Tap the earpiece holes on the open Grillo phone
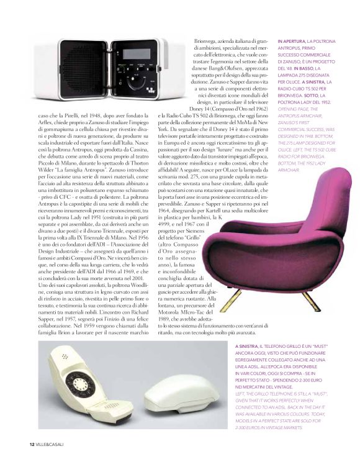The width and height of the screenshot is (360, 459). (66, 358)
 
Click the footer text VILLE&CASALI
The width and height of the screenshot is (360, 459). (50, 444)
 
